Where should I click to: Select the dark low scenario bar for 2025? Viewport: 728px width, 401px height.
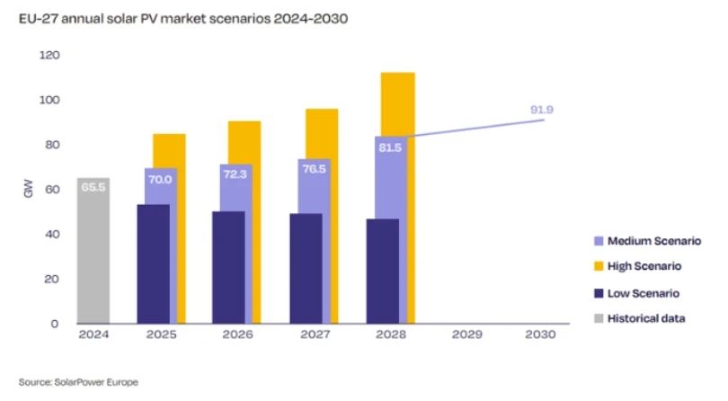(153, 264)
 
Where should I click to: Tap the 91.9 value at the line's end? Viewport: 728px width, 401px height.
(541, 110)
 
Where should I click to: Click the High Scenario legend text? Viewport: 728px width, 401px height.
(644, 267)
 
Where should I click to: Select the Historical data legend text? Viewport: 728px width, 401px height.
(647, 318)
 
